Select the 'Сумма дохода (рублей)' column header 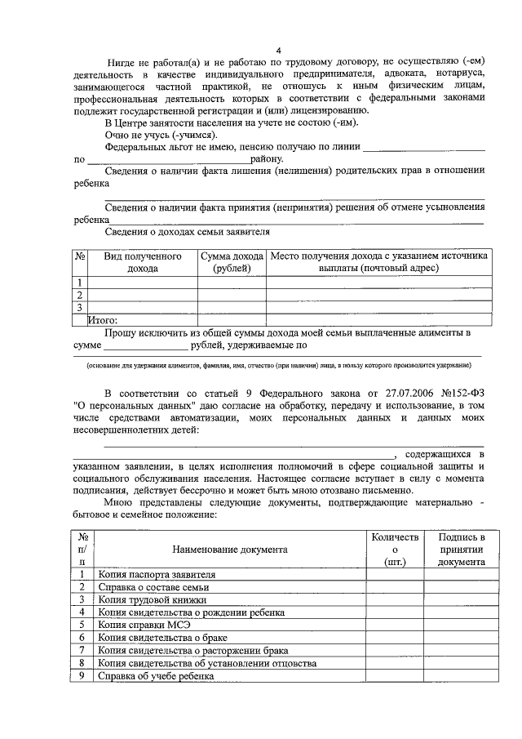(x=232, y=262)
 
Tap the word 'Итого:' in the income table (x=104, y=320)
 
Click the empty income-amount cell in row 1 (x=232, y=283)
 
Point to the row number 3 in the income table (x=80, y=308)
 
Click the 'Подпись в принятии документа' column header (x=461, y=550)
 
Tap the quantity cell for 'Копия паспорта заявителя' (x=394, y=574)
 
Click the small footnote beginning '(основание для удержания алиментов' (x=278, y=365)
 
